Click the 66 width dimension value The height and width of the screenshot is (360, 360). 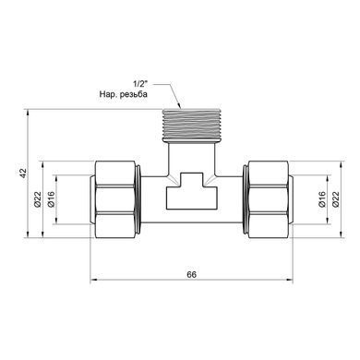click(191, 274)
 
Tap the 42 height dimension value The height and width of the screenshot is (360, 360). click(23, 173)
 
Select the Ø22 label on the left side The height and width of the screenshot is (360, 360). click(38, 199)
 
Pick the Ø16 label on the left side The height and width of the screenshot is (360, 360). click(51, 199)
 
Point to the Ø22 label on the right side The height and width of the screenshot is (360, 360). click(336, 199)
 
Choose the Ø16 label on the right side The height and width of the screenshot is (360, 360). click(322, 199)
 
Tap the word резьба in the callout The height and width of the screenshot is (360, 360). click(134, 94)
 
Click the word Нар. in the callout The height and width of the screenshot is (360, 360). click(108, 94)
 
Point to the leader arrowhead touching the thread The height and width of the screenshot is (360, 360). click(179, 105)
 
